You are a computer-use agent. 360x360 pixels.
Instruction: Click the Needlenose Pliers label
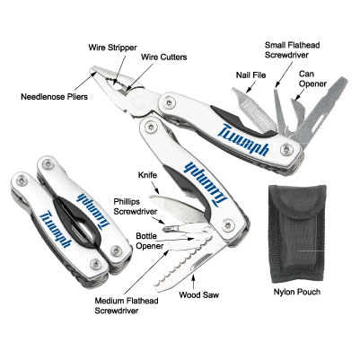54,97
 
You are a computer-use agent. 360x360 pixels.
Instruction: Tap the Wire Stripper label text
112,48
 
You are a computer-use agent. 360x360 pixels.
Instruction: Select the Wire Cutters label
164,57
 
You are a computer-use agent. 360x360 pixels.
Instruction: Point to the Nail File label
250,75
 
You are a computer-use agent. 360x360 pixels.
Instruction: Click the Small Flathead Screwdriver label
293,50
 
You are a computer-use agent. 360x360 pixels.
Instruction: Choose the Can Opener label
312,79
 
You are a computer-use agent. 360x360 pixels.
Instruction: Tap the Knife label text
147,175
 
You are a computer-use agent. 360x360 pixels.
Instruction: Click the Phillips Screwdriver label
136,206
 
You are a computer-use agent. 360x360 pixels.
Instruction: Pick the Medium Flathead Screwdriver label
127,305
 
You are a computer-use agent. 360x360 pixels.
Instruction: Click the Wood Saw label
198,294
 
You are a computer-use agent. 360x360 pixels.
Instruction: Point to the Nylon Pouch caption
297,292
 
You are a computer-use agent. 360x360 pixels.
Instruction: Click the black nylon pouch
297,234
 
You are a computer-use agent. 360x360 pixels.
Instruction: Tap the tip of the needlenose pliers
91,71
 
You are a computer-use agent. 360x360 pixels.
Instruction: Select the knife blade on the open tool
176,206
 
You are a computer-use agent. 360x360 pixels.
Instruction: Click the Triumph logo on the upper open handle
243,139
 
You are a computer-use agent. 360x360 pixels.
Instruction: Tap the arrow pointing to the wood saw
194,282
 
